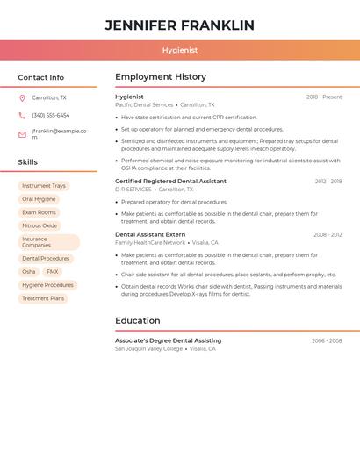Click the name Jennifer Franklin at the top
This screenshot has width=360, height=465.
click(179, 25)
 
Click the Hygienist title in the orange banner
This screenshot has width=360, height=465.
click(179, 51)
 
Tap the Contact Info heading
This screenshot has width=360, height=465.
click(40, 77)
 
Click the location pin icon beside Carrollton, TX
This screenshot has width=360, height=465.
click(22, 98)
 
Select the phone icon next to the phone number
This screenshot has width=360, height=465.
click(22, 115)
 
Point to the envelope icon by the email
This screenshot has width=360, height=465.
click(22, 134)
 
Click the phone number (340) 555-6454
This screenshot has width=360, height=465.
click(50, 115)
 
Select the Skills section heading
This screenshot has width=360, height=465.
click(27, 162)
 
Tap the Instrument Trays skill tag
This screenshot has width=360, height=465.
click(43, 186)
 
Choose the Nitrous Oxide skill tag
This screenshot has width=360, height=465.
click(40, 225)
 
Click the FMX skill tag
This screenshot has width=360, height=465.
click(53, 272)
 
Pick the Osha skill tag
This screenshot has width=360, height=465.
click(29, 272)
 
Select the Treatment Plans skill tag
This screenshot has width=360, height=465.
click(43, 298)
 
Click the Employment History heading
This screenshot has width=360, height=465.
click(161, 76)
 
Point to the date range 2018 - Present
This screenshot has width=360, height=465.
click(324, 97)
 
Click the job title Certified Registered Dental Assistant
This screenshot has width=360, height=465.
click(170, 181)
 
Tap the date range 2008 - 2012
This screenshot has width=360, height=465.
click(328, 234)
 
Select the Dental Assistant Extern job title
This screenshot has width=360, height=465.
click(150, 234)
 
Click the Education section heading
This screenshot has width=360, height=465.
click(138, 320)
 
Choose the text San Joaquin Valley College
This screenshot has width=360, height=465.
click(148, 348)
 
